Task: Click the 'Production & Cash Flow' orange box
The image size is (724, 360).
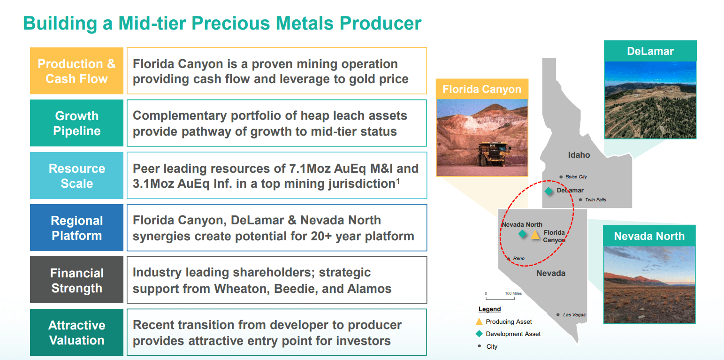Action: [76, 71]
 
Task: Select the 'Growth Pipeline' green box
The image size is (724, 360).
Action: [76, 123]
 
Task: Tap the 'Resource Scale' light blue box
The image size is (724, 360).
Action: [76, 176]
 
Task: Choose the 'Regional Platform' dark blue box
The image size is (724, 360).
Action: [76, 228]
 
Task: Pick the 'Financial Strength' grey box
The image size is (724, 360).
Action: [76, 280]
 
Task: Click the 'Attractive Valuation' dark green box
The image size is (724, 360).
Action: [76, 332]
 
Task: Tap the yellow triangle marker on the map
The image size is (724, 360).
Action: [535, 235]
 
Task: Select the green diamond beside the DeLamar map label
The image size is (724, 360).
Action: [549, 191]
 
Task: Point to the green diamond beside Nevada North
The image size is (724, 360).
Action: [522, 234]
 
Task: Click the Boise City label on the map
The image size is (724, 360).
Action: [576, 176]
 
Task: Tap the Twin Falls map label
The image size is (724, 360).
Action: [595, 199]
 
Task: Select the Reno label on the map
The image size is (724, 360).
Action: [518, 259]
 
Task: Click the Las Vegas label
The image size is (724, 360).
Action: [574, 315]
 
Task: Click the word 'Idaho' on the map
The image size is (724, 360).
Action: [579, 155]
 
